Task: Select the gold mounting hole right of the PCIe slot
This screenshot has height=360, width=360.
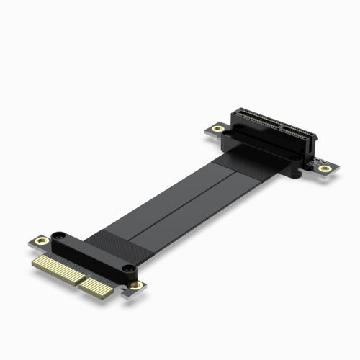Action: (x=325, y=168)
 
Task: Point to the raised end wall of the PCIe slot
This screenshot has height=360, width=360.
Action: (x=238, y=113)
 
